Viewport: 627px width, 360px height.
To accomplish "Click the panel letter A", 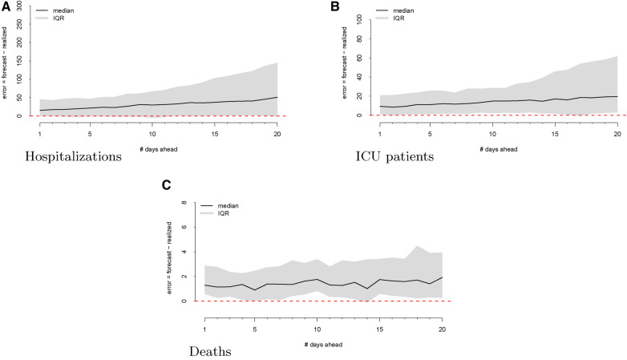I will [x=7, y=7].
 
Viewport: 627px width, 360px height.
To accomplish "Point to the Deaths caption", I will [x=212, y=351].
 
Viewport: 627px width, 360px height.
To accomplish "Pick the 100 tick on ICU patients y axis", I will [x=360, y=18].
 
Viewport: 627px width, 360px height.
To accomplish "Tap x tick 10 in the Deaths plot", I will [x=317, y=328].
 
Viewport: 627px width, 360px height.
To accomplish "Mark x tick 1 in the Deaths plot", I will [x=206, y=328].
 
